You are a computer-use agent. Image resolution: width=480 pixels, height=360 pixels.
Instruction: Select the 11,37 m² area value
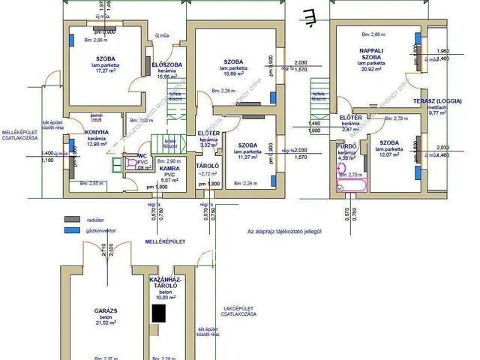[x=247, y=157]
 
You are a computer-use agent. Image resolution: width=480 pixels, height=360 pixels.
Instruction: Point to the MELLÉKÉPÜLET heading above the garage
[x=164, y=241]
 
